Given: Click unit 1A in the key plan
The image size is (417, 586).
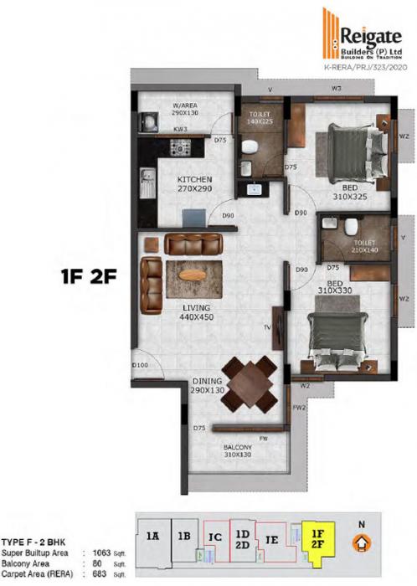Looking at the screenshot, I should click(152, 534).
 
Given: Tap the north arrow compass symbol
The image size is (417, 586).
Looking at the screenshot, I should click(361, 542).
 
